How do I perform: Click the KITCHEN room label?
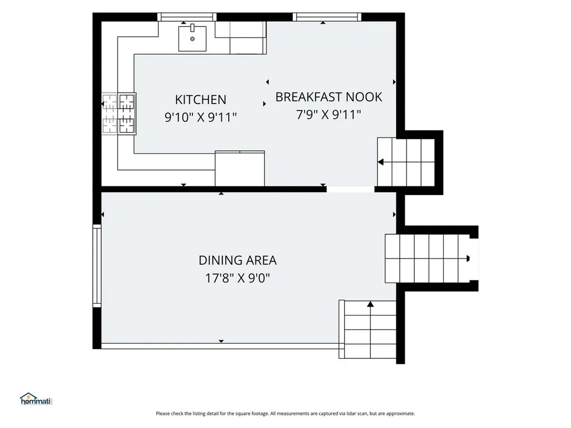pyautogui.click(x=201, y=99)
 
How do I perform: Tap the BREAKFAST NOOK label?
pyautogui.click(x=328, y=97)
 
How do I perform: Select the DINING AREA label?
pyautogui.click(x=238, y=260)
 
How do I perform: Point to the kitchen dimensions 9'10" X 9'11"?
pyautogui.click(x=201, y=117)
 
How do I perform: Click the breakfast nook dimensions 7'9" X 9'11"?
pyautogui.click(x=328, y=115)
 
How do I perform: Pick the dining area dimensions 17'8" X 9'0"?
pyautogui.click(x=238, y=279)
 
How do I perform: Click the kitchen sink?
pyautogui.click(x=192, y=38)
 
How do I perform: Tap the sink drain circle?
pyautogui.click(x=192, y=38)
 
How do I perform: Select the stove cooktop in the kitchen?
pyautogui.click(x=119, y=114)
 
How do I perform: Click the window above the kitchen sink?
pyautogui.click(x=187, y=17)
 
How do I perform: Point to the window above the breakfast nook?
pyautogui.click(x=327, y=17)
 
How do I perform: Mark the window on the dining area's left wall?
pyautogui.click(x=97, y=266)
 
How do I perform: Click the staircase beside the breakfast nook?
pyautogui.click(x=406, y=162)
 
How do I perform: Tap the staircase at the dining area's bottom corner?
pyautogui.click(x=368, y=329)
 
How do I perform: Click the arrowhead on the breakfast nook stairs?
pyautogui.click(x=380, y=162)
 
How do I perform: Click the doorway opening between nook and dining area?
pyautogui.click(x=350, y=189)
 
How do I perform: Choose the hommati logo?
pyautogui.click(x=36, y=399)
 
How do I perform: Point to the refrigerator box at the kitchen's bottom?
pyautogui.click(x=240, y=168)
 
